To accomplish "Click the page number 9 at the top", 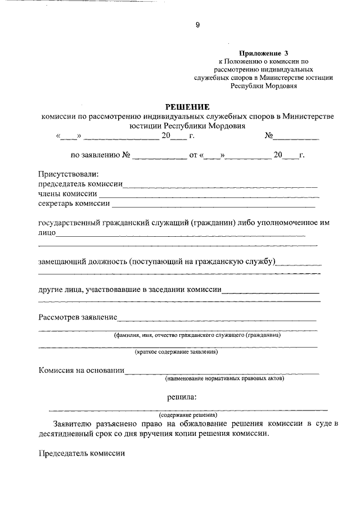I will (182, 25).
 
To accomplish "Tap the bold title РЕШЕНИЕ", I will (187, 106).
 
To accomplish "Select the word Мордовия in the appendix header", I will (282, 87).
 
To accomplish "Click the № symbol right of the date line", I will (269, 136).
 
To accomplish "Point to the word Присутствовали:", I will (68, 174).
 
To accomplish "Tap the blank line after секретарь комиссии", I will (214, 204).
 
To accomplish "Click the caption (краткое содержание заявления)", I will (176, 353).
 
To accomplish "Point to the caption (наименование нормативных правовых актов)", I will (224, 379).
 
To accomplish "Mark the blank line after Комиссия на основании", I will (222, 371).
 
